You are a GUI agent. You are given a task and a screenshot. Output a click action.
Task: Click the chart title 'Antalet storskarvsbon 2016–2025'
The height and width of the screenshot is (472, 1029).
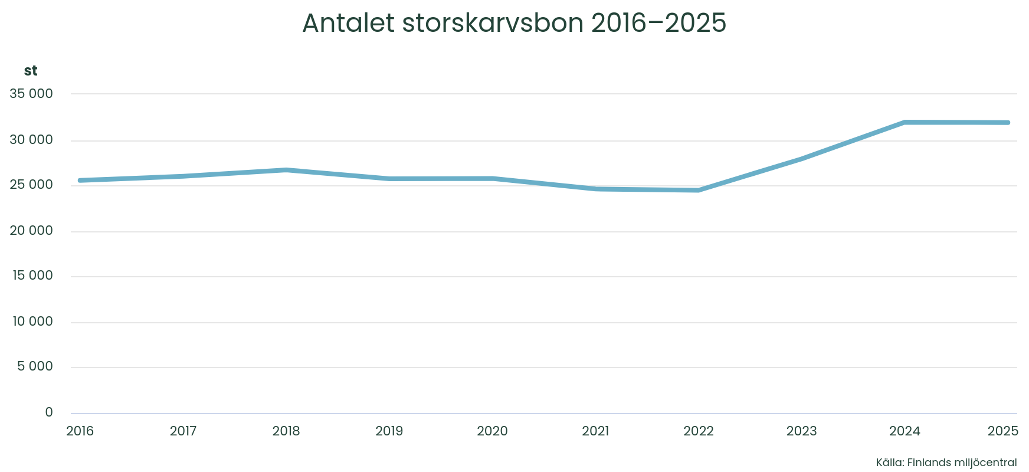tap(514, 24)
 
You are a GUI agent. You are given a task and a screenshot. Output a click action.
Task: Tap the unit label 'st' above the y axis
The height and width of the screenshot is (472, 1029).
tap(31, 71)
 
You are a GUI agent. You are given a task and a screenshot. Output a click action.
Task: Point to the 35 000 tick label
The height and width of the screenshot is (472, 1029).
tap(31, 94)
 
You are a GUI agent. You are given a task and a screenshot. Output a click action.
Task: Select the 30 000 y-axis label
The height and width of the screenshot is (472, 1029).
tap(31, 140)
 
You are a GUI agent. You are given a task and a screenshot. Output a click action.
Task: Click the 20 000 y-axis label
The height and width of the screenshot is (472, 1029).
tap(31, 231)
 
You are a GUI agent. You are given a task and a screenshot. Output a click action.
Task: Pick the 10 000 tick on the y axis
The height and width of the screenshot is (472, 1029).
tap(31, 322)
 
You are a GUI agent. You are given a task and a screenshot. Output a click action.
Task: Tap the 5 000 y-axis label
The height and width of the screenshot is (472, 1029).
tap(35, 366)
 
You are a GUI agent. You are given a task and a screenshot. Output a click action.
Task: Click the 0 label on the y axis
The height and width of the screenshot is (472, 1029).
tap(49, 412)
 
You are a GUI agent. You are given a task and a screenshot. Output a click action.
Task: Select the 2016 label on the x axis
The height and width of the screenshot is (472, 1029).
tap(80, 431)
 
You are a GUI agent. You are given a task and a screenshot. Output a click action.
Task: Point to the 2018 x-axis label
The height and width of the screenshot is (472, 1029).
tap(286, 431)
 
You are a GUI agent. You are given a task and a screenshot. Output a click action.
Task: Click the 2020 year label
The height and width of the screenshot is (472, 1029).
tap(492, 431)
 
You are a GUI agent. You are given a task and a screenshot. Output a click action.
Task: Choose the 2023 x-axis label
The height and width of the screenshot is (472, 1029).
tap(801, 431)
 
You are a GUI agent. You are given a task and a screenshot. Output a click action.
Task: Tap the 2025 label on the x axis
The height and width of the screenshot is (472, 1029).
tap(1003, 431)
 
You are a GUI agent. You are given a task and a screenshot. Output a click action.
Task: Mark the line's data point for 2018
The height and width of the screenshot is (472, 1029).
tap(286, 170)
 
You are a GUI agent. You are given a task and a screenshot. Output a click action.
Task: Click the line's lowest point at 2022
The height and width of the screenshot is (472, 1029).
tap(699, 190)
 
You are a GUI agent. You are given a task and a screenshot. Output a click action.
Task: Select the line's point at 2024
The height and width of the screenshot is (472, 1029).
tap(905, 122)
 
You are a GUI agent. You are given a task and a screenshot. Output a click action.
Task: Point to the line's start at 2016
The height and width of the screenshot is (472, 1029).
tap(80, 180)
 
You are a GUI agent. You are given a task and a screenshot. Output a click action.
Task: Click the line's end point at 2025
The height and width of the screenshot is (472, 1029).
tap(1008, 123)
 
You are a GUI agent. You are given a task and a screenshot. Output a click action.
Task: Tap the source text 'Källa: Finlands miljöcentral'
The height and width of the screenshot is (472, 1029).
tap(946, 463)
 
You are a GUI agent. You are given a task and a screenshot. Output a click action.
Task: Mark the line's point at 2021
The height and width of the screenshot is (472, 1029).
tap(596, 189)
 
